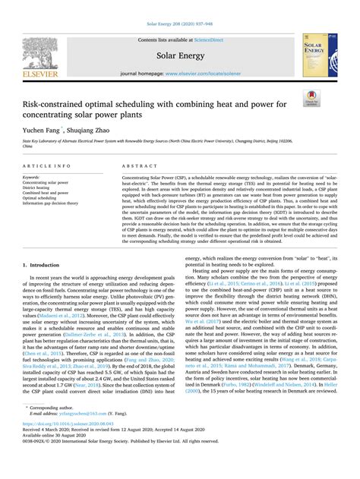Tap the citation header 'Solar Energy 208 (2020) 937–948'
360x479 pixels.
click(x=179, y=6)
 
